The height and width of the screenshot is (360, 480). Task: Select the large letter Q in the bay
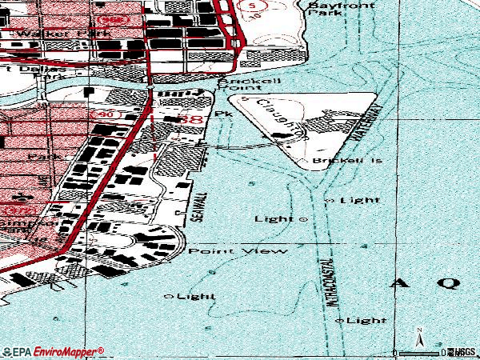coord(449,282)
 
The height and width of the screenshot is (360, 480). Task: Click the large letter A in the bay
coord(399,282)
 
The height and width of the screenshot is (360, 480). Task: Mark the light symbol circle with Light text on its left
coord(304,218)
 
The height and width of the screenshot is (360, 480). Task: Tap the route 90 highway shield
coord(107,115)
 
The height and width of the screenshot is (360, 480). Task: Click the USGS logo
coord(462,351)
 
